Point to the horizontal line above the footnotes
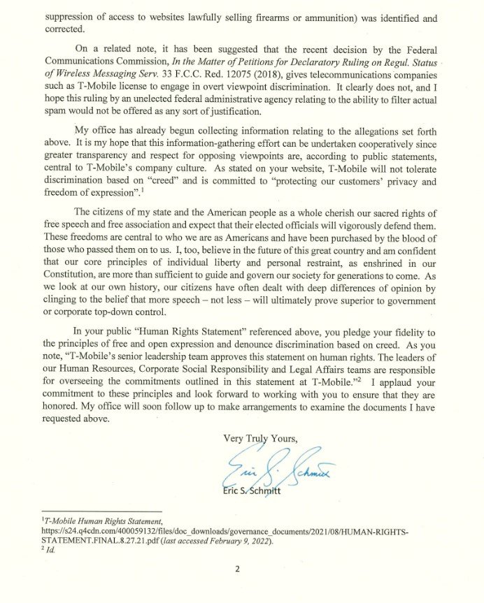click(102, 511)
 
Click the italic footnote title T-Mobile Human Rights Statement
click(103, 521)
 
